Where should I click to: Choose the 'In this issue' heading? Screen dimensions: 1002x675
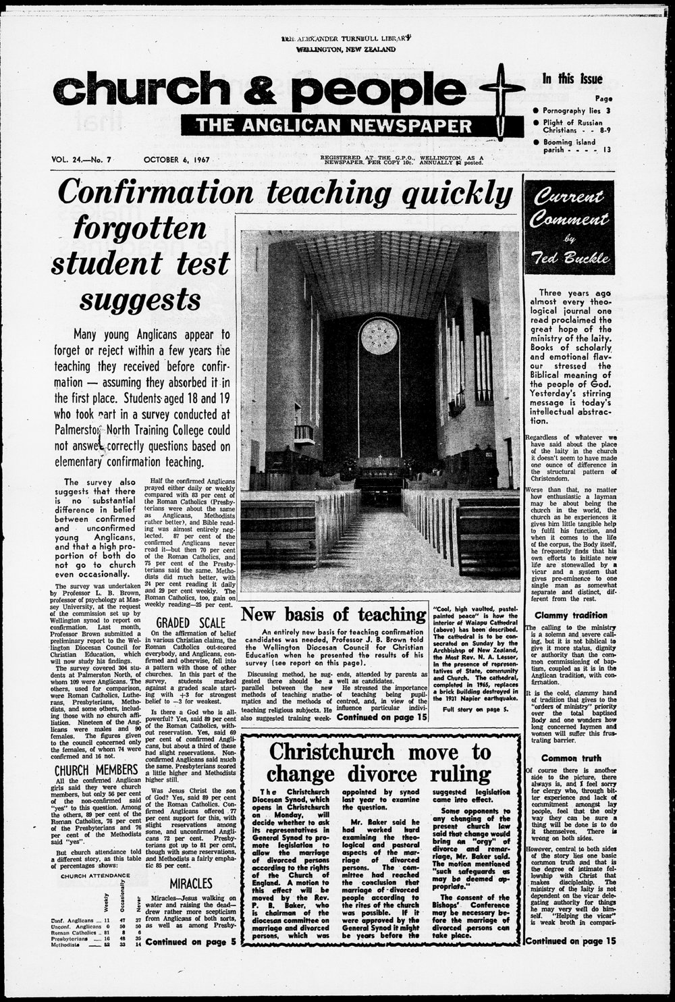[572, 79]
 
